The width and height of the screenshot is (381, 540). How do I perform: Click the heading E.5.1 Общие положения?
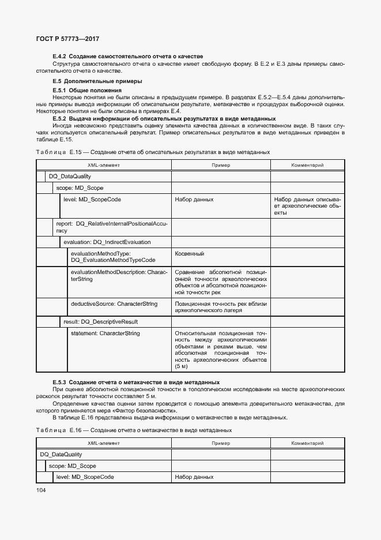86,91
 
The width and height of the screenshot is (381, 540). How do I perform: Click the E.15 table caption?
153,152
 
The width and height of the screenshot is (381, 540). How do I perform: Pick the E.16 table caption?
134,430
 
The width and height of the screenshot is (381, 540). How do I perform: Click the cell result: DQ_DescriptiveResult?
100,321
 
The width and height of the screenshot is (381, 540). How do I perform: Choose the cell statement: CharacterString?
105,333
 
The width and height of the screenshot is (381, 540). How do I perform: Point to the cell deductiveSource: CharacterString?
114,303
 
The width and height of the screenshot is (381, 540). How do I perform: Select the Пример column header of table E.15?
220,165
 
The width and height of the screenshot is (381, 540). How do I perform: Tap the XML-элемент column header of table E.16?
104,443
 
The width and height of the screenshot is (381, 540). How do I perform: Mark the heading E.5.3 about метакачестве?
136,382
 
